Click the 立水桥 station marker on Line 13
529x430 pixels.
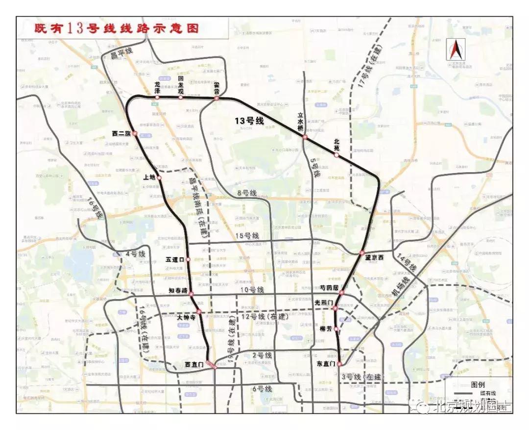coord(305,137)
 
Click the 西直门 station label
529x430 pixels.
coord(194,365)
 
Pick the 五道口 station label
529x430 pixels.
coord(175,259)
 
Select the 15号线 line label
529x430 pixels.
coord(247,236)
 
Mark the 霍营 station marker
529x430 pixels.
coord(216,99)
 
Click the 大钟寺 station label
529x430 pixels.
coord(186,318)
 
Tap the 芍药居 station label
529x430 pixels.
coord(329,288)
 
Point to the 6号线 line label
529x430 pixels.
coord(262,389)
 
